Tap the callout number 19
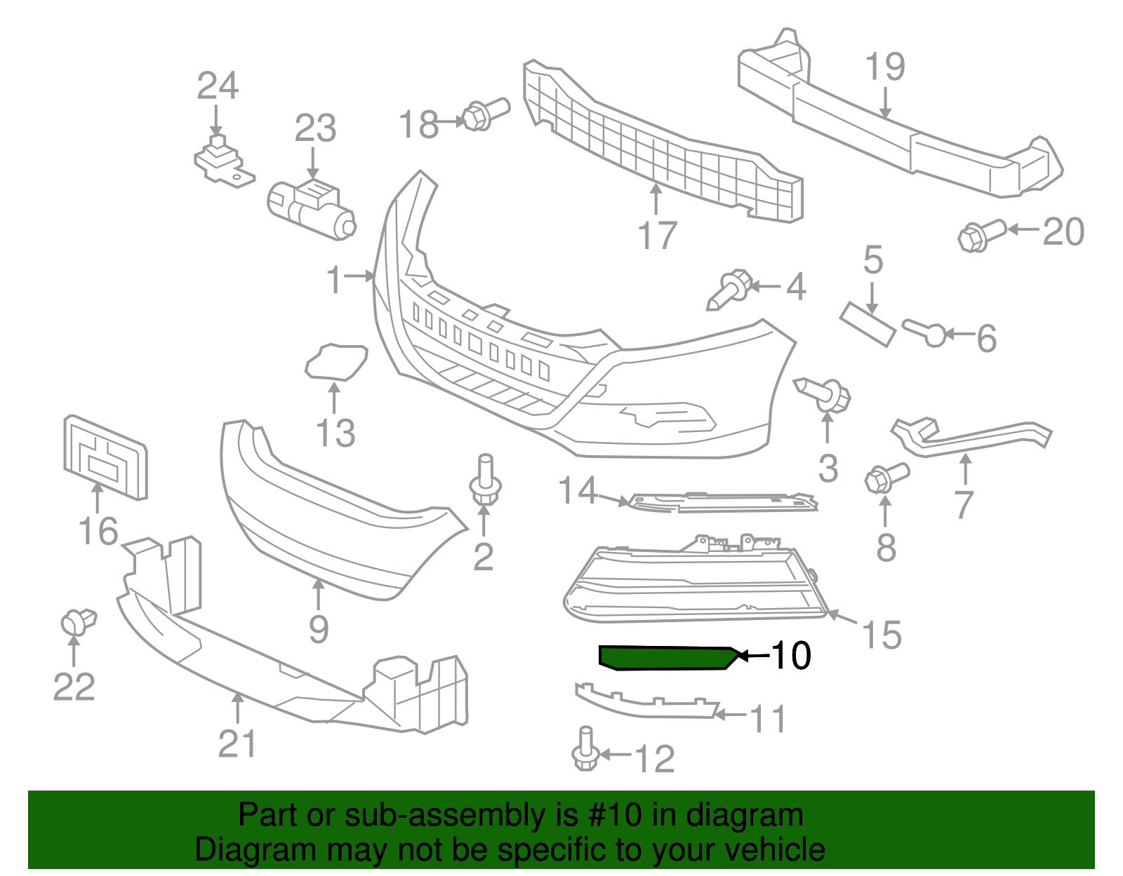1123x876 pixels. point(884,67)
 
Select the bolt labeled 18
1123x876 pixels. point(485,114)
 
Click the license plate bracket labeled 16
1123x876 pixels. point(106,457)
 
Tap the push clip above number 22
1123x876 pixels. point(78,621)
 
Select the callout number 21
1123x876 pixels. point(237,743)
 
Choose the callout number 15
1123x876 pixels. point(881,635)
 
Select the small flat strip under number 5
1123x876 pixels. point(868,323)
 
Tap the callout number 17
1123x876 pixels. point(657,236)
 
